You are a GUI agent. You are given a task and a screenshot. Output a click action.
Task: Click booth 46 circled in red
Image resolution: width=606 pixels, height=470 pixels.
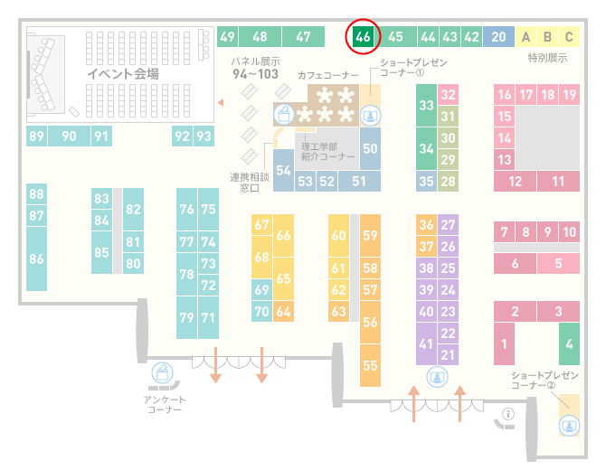point(363,37)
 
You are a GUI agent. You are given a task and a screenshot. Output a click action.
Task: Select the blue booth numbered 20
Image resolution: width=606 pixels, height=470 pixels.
point(498,37)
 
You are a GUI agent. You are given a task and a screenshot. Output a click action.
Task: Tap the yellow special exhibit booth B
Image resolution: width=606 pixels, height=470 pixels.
point(547,37)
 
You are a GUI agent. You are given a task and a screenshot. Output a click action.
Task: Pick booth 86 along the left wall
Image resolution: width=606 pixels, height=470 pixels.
point(36,258)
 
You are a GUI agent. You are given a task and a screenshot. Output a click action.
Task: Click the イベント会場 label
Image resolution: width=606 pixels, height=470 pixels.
point(123,73)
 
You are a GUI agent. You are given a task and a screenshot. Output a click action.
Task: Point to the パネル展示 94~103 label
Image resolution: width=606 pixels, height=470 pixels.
point(255,68)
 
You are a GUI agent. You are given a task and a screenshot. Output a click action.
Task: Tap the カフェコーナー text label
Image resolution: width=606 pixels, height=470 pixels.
point(328,75)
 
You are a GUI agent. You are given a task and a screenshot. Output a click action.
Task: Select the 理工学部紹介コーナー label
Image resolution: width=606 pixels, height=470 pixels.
point(327,151)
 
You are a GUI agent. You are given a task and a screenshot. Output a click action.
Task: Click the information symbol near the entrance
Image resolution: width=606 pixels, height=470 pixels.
point(508,414)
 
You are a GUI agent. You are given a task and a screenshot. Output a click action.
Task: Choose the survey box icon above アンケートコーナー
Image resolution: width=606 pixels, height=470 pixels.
point(162,373)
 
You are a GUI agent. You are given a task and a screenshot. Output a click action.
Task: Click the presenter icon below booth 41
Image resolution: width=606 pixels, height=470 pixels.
point(437,377)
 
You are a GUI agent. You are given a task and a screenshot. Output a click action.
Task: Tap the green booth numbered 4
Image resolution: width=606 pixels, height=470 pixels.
point(569,343)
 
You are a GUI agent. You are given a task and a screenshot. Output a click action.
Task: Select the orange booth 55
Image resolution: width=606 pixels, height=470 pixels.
point(370,365)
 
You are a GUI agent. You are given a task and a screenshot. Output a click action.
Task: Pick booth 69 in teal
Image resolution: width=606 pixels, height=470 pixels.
point(261,289)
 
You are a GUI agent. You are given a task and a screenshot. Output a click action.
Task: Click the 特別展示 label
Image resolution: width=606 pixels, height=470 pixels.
point(547,58)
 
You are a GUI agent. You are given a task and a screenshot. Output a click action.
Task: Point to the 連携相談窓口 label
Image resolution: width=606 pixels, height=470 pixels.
point(250,183)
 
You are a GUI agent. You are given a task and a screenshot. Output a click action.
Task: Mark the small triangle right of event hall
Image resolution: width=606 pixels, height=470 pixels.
point(221,102)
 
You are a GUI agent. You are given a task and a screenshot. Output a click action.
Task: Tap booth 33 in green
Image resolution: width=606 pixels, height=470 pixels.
point(426,105)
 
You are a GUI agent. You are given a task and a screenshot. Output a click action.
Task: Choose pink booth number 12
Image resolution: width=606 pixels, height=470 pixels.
point(515,181)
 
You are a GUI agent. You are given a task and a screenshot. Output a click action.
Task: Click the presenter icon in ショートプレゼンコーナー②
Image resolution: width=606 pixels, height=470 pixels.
point(569,426)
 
